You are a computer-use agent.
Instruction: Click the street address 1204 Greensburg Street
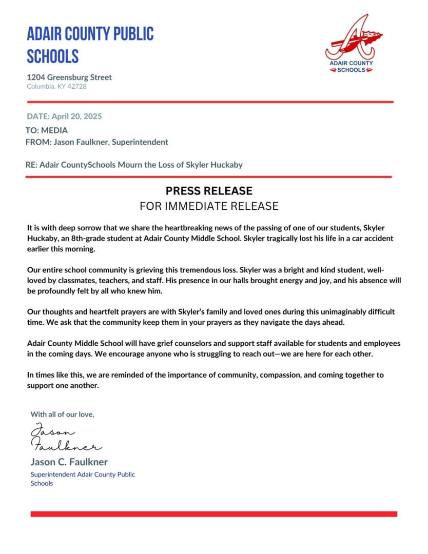tap(69, 77)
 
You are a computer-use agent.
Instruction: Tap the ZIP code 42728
tap(77, 87)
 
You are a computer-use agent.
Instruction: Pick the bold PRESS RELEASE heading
tap(209, 191)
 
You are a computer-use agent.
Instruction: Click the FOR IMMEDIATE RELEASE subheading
tap(209, 206)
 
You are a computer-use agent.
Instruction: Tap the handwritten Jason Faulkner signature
tap(64, 437)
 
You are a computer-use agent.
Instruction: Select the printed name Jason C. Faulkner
tap(69, 462)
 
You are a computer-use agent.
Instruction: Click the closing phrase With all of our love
tap(63, 414)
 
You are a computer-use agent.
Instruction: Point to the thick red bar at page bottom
tap(213, 513)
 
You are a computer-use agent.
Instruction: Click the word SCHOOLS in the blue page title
tap(53, 56)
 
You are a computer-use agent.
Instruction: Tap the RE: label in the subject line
tap(31, 165)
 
